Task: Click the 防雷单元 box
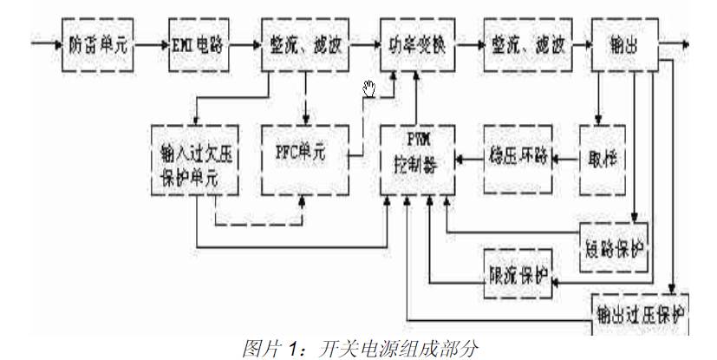pos(98,43)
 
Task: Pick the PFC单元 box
pos(303,156)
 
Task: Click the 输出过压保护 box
pos(640,313)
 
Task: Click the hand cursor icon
pos(370,87)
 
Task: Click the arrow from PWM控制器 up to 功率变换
pos(417,95)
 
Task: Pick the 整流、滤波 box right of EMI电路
pos(303,43)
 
